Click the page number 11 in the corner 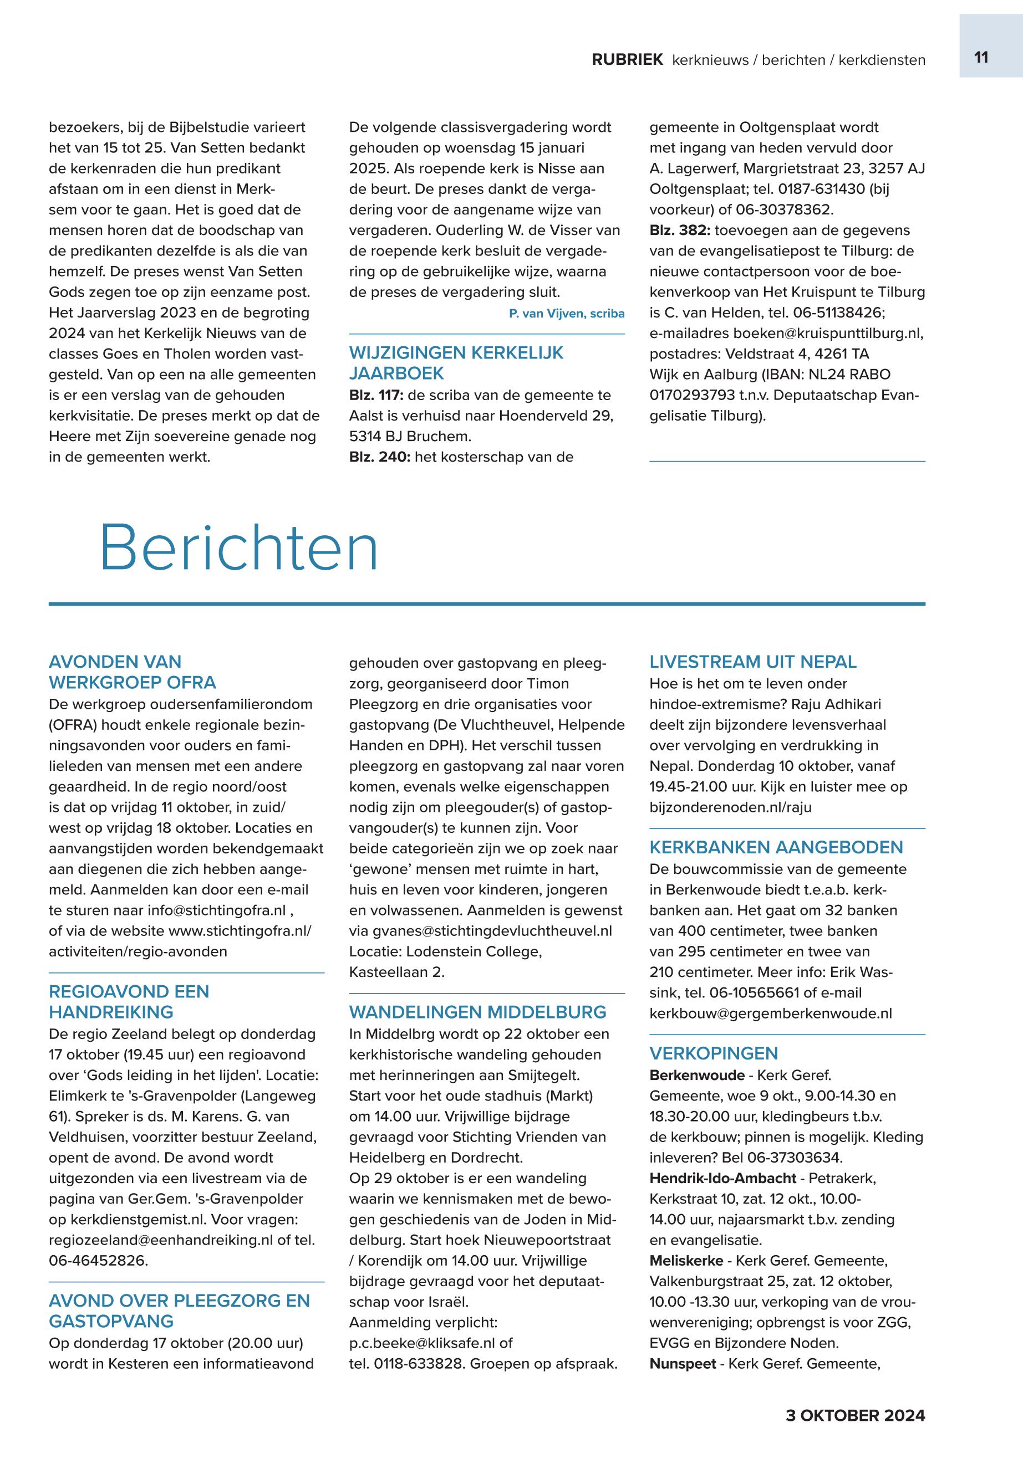pos(981,58)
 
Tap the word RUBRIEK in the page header pos(627,60)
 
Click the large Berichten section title pos(239,549)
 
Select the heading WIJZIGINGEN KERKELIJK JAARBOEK pos(456,362)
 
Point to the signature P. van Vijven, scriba pos(566,313)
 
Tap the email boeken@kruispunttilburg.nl pos(827,334)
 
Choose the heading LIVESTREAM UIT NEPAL pos(752,662)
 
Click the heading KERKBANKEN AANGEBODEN pos(776,847)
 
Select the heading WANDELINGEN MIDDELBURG pos(477,1012)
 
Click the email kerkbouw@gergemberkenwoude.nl pos(771,1014)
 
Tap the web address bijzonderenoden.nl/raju pos(730,807)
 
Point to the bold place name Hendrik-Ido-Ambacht pos(722,1178)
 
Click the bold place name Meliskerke pos(686,1261)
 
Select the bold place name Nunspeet pos(682,1364)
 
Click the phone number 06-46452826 pos(97,1261)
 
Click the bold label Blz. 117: pos(375,395)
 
